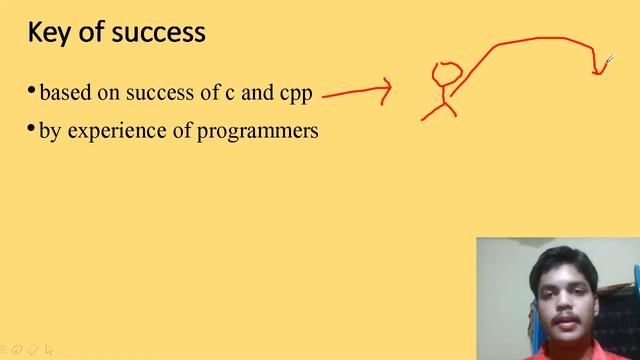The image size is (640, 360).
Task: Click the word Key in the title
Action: (x=47, y=33)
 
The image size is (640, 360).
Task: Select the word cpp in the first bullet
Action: (x=295, y=95)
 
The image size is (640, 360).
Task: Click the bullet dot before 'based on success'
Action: (x=32, y=93)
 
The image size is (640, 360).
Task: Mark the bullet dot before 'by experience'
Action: (x=32, y=130)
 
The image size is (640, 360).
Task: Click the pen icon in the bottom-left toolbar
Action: (x=19, y=350)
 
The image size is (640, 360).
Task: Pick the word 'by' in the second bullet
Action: (x=49, y=131)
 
